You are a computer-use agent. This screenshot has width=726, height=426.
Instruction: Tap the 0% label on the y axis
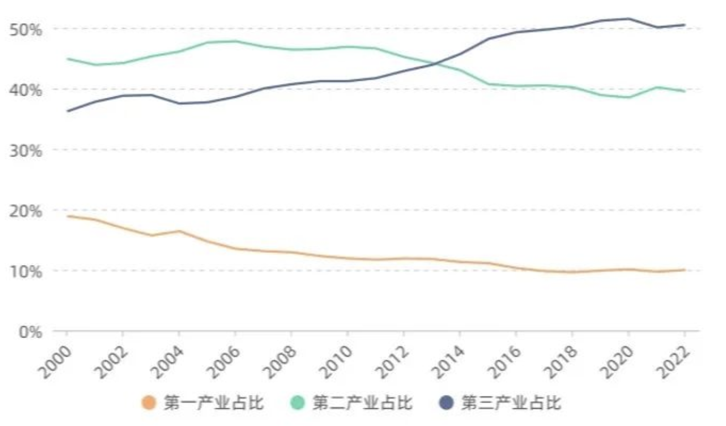pos(29,332)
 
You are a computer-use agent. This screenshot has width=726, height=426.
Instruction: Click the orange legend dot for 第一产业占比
pos(149,403)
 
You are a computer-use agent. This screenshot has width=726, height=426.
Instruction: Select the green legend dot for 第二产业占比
pos(298,403)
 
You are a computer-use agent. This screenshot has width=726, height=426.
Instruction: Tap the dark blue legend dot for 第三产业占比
pos(447,403)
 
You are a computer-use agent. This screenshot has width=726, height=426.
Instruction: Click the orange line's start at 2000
pos(67,216)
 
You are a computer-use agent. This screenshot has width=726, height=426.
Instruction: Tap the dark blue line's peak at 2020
pos(629,19)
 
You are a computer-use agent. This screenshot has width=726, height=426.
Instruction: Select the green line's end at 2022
pos(685,91)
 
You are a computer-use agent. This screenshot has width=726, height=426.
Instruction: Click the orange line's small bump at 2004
pos(179,231)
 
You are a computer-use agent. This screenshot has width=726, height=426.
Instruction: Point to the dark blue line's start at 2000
pos(67,111)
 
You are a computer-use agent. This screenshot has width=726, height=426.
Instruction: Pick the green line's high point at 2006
pos(236,41)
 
